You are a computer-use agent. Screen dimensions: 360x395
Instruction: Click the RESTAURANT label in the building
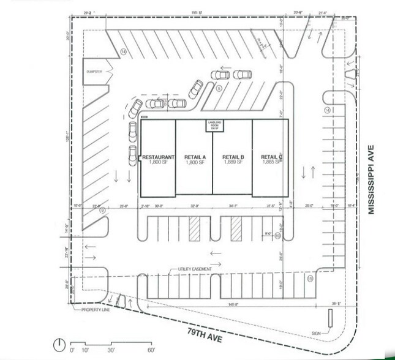[159, 157]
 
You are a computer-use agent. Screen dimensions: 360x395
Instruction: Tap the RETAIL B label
[233, 157]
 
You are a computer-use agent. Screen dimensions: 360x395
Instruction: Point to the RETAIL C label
[270, 157]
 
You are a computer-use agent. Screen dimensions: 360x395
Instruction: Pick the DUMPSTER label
[97, 72]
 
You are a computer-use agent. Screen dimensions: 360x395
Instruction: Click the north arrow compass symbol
[59, 342]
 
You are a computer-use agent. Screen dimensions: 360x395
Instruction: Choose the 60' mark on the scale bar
[151, 350]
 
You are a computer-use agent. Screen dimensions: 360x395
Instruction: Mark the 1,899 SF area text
[234, 163]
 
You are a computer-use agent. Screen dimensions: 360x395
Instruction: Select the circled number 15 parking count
[310, 279]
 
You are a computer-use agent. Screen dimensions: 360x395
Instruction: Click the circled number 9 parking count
[102, 211]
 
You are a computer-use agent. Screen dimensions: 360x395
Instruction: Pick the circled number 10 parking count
[277, 235]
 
